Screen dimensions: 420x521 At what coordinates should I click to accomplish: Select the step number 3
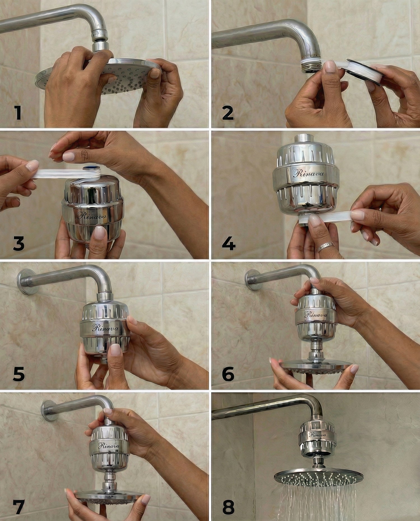point(19,243)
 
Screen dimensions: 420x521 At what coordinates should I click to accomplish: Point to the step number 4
point(228,243)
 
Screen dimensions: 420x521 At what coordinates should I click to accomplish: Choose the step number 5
point(19,374)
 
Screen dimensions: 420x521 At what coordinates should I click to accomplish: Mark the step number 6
point(228,374)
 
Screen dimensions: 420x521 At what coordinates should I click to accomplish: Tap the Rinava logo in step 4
point(309,173)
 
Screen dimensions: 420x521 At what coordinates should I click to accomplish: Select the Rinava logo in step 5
point(105,328)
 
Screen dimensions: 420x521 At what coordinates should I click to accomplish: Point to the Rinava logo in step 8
point(317,435)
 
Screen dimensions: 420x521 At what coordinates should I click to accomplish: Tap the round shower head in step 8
point(319,477)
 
